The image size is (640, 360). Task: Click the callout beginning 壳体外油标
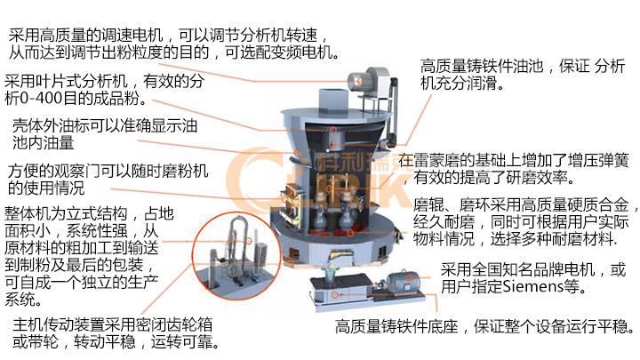(100, 133)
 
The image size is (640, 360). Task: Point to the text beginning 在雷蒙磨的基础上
(516, 169)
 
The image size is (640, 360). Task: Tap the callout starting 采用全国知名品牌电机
(533, 277)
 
